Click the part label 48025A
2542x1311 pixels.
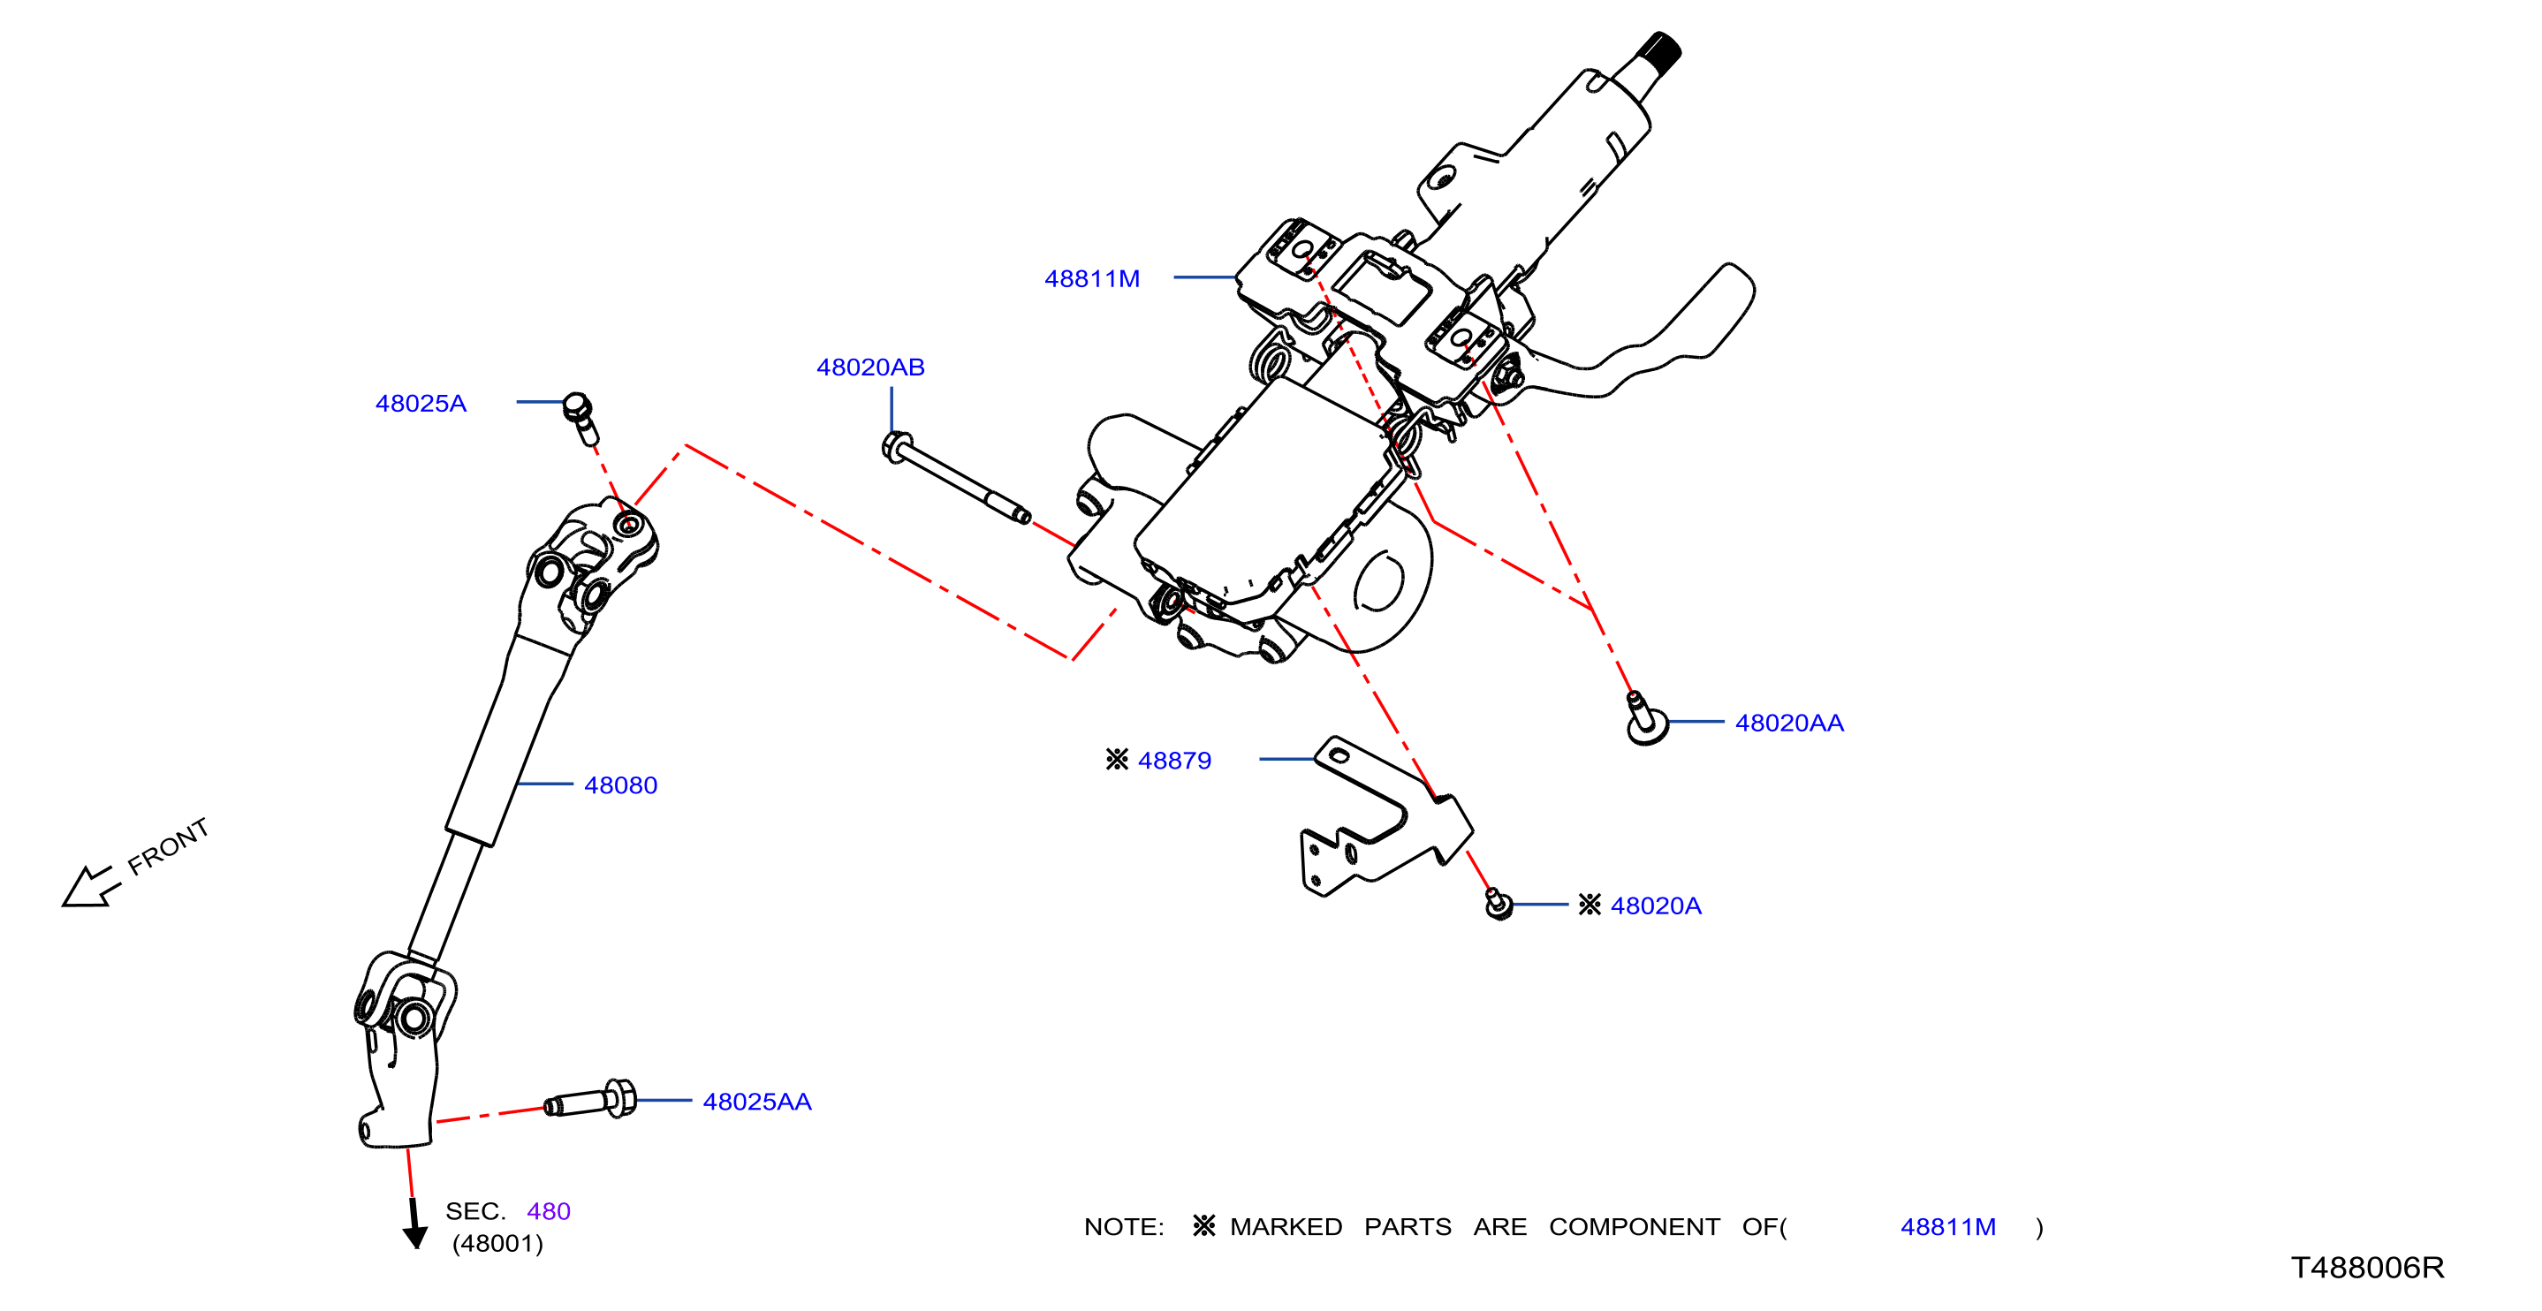tap(421, 404)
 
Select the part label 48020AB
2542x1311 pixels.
tap(870, 367)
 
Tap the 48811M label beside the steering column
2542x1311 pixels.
tap(1091, 279)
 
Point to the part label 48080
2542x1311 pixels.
tap(620, 785)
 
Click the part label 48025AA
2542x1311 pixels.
tap(757, 1102)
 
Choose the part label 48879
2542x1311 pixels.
tap(1174, 761)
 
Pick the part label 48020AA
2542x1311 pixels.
tap(1789, 723)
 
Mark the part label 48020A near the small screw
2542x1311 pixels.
tap(1656, 906)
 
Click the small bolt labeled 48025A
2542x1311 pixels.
tap(580, 418)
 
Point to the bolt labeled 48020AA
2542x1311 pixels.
tap(1645, 718)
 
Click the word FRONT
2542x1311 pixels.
tap(169, 845)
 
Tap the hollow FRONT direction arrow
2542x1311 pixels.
tap(90, 887)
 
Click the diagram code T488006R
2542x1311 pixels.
tap(2367, 1268)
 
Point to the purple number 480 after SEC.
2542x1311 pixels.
tap(549, 1211)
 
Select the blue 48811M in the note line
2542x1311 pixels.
tap(1948, 1227)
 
